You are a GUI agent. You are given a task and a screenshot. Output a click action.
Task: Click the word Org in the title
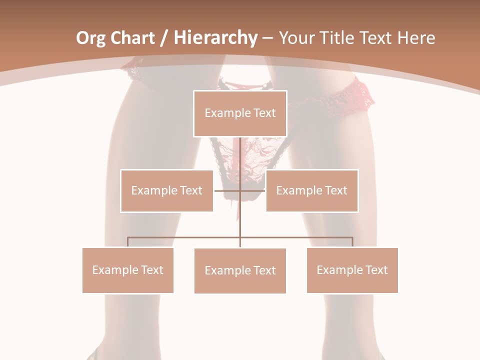[90, 38]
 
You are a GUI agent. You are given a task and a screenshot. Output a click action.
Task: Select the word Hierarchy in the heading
[215, 38]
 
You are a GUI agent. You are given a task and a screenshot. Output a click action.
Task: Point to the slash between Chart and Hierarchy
[163, 38]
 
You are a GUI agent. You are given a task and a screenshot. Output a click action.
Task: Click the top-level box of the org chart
[240, 113]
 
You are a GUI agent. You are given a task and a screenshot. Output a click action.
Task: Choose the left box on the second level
[167, 190]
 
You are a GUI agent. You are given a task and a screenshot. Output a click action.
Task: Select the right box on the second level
[312, 190]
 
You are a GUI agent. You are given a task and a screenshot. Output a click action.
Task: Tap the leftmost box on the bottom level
[128, 270]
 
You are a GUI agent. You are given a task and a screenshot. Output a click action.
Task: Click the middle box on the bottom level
[240, 270]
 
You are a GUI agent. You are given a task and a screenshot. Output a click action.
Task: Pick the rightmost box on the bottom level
[352, 270]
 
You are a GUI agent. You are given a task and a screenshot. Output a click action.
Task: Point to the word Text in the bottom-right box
[376, 270]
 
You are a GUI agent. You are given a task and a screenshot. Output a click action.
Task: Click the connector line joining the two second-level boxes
[239, 190]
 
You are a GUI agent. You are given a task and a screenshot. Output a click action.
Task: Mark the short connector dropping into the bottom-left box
[128, 242]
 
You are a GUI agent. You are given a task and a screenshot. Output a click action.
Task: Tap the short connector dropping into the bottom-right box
[352, 242]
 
